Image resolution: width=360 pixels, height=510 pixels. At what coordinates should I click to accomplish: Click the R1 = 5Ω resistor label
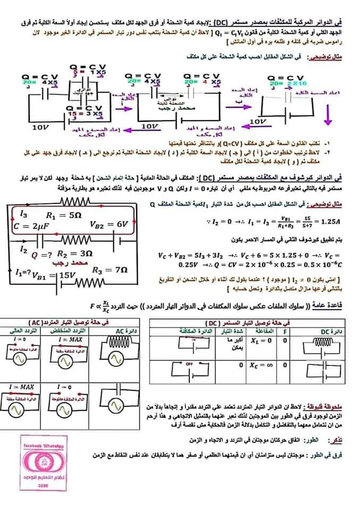[x=63, y=216]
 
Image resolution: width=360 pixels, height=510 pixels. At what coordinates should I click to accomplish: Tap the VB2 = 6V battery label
[x=108, y=224]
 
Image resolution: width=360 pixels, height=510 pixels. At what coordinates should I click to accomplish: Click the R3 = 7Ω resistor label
[x=109, y=270]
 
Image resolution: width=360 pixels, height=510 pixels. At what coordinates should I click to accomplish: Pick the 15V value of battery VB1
[x=68, y=275]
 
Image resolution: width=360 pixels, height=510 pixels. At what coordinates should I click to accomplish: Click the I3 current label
[x=22, y=214]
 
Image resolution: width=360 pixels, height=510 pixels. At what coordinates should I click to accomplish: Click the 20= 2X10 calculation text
[x=288, y=83]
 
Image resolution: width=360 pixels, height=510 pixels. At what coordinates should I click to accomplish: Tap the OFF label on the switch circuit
[x=188, y=364]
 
